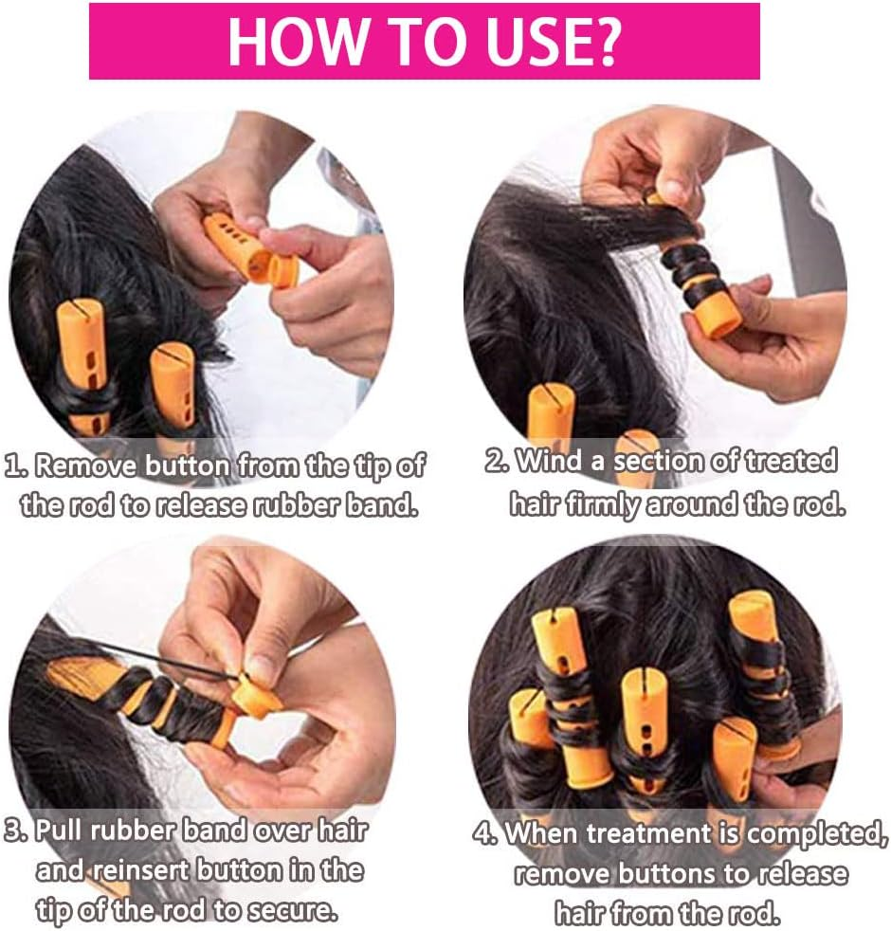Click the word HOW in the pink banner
coord(297,41)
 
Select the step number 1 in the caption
coord(14,465)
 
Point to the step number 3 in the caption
coord(15,831)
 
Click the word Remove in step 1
coord(89,465)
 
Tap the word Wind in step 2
coord(549,461)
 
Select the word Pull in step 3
coord(60,831)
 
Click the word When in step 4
coord(542,833)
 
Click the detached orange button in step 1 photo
coord(283,269)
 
